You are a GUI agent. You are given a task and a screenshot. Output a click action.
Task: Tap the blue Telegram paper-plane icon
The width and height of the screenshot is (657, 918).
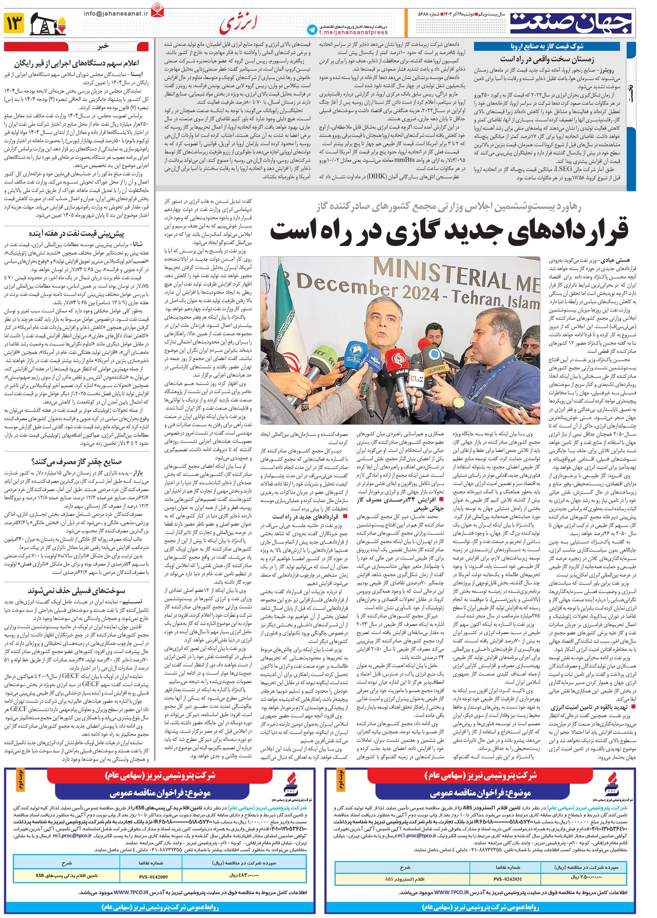pos(312,29)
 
